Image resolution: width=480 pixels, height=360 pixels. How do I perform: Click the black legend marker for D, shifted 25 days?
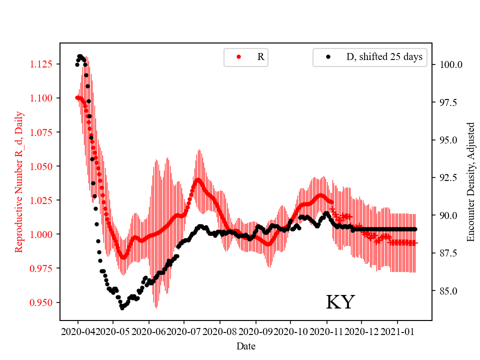tap(328, 57)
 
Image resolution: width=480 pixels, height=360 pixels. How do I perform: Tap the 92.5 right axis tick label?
tap(449, 177)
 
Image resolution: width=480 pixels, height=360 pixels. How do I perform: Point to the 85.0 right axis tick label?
tap(449, 291)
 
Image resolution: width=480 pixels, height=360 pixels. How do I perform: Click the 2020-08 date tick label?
tap(219, 331)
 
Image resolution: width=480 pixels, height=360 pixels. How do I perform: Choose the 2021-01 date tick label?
tap(397, 331)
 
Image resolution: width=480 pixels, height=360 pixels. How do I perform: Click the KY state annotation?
tap(340, 302)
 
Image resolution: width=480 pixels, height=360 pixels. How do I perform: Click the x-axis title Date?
tap(245, 345)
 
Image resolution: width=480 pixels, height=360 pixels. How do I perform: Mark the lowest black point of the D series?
tap(122, 308)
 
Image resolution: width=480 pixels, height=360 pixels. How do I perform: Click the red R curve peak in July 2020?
tap(198, 179)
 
